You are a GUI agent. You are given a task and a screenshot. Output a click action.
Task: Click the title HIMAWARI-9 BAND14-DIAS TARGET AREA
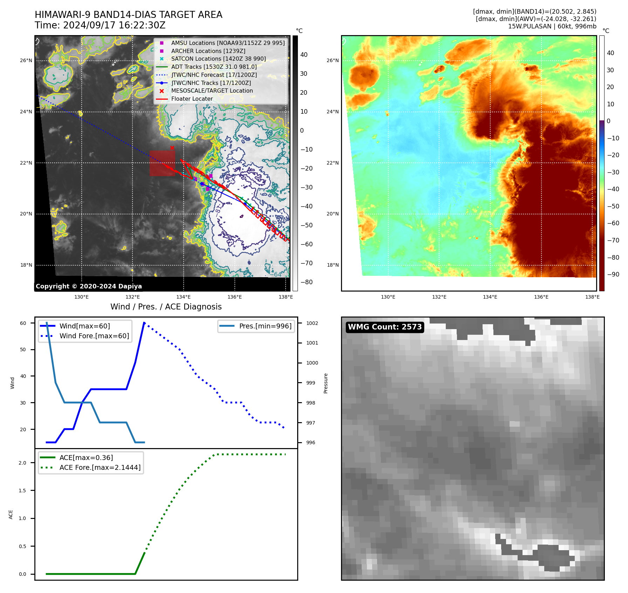[x=128, y=15]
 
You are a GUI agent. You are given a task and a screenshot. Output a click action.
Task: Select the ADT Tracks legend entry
[x=214, y=67]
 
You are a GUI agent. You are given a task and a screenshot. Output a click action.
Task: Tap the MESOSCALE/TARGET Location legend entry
[x=212, y=91]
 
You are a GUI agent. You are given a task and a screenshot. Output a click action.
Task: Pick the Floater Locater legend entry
[x=192, y=99]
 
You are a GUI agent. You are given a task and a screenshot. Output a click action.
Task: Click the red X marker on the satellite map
[x=172, y=148]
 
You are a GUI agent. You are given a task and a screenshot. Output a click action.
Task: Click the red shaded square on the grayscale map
[x=162, y=163]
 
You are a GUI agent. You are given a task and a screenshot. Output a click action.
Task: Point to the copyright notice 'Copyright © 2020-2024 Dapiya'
[x=89, y=286]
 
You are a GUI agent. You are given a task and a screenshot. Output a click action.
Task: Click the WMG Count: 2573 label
[x=384, y=327]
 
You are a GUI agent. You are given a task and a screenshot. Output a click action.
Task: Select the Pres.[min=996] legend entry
[x=265, y=326]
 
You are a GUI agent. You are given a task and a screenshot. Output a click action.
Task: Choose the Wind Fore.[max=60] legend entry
[x=94, y=336]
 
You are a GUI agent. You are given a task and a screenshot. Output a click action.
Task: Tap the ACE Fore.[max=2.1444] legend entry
[x=100, y=467]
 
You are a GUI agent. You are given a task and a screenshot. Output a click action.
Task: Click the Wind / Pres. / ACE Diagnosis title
[x=166, y=307]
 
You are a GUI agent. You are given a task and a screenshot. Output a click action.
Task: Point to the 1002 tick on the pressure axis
[x=312, y=323]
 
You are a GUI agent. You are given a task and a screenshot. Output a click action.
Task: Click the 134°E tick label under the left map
[x=183, y=297]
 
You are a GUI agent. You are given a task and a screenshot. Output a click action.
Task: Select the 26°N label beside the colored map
[x=333, y=60]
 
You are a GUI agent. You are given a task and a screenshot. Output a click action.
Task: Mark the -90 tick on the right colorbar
[x=613, y=274]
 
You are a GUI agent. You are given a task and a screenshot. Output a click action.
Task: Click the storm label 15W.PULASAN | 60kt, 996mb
[x=552, y=26]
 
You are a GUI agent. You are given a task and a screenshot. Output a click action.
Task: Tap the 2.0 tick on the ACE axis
[x=22, y=463]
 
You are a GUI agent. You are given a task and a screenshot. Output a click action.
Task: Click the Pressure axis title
[x=326, y=383]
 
